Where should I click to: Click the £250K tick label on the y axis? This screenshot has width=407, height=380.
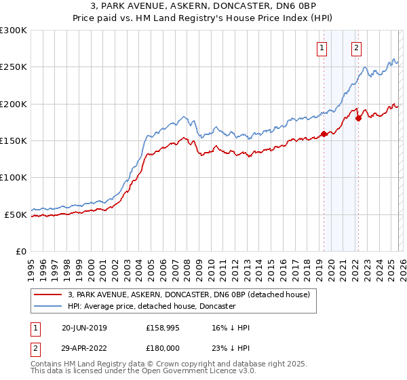[x=14, y=67]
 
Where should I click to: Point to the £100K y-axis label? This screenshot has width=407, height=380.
[x=14, y=177]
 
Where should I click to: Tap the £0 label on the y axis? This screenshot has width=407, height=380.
[x=20, y=251]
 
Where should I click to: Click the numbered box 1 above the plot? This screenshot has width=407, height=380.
[x=320, y=47]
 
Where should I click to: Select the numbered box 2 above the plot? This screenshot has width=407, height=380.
[x=356, y=47]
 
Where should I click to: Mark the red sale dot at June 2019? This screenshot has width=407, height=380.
[x=324, y=134]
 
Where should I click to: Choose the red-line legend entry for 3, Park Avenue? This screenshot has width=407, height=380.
[x=189, y=294]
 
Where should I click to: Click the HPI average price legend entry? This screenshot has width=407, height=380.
[x=151, y=307]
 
